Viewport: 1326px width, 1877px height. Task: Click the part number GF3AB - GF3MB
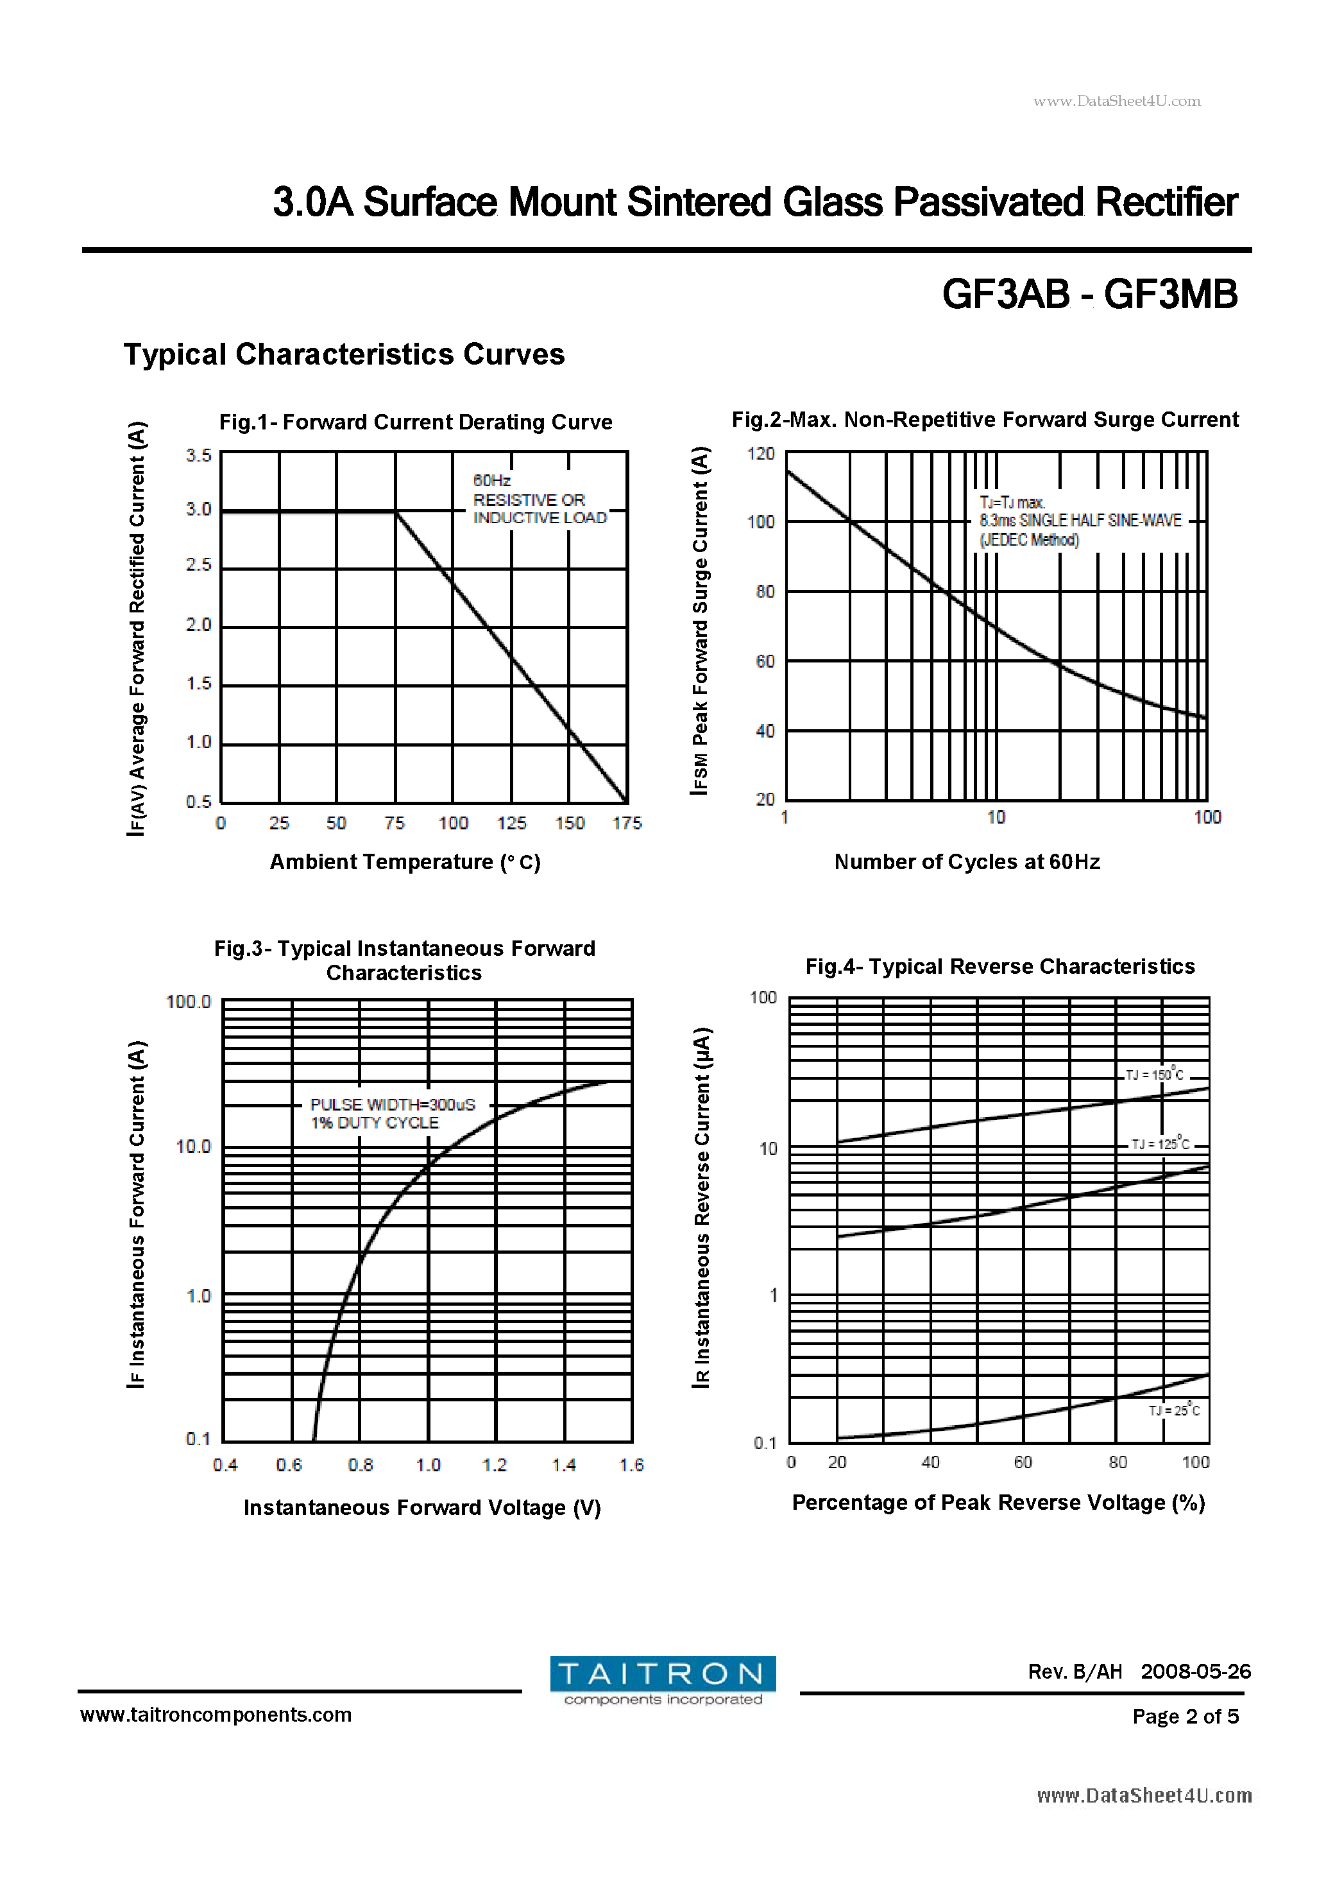tap(1089, 294)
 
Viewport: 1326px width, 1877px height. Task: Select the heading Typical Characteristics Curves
tap(344, 354)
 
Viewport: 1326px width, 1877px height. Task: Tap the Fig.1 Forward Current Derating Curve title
tap(415, 422)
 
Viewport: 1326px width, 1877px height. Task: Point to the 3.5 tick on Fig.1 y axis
tap(198, 455)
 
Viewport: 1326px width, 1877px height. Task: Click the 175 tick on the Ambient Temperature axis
tap(627, 823)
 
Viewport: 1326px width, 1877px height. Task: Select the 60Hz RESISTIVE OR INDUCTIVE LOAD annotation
tap(540, 499)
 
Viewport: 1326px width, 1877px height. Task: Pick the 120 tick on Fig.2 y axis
tap(761, 454)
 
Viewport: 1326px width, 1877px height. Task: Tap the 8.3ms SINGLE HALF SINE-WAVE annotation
tap(1080, 521)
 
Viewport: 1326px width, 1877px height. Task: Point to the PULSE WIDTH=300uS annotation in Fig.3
tap(392, 1105)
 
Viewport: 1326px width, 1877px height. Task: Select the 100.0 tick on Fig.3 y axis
tap(188, 1001)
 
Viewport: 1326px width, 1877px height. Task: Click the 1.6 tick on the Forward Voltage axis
tap(631, 1465)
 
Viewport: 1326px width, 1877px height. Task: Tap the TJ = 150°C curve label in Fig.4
tap(1153, 1074)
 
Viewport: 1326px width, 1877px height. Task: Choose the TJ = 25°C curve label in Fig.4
tap(1174, 1410)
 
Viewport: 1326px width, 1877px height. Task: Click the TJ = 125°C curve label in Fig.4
tap(1159, 1144)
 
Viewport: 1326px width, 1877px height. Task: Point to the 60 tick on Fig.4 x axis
tap(1023, 1462)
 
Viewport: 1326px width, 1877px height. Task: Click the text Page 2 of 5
tap(1185, 1716)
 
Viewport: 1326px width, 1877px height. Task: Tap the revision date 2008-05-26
tap(1195, 1671)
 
